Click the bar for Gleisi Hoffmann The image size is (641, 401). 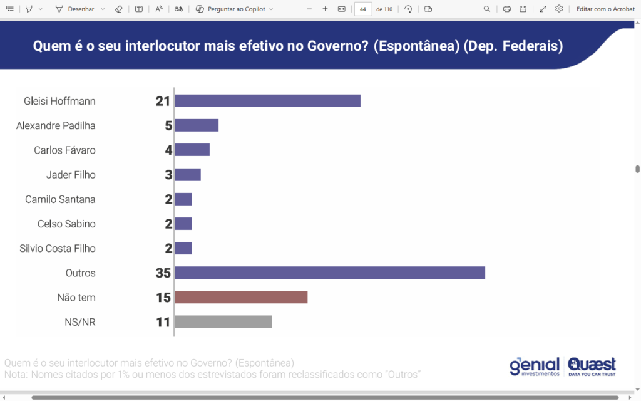coord(267,101)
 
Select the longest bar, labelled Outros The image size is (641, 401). coord(330,273)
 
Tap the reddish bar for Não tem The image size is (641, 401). coord(241,297)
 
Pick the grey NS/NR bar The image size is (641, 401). coord(223,322)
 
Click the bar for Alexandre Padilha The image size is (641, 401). coord(197,125)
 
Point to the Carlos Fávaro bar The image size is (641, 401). coord(192,150)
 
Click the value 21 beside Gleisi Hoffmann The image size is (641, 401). coord(163,101)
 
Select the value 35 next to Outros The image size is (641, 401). coord(163,273)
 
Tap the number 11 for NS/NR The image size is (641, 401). coord(163,322)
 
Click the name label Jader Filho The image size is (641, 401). coord(71,175)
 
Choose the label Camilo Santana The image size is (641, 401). coord(60,199)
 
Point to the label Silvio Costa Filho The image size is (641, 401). coord(58,248)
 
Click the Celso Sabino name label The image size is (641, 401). coord(66,224)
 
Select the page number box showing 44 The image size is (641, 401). coord(363,9)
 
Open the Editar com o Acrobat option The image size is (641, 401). coord(606,9)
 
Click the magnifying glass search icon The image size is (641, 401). coord(487,9)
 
